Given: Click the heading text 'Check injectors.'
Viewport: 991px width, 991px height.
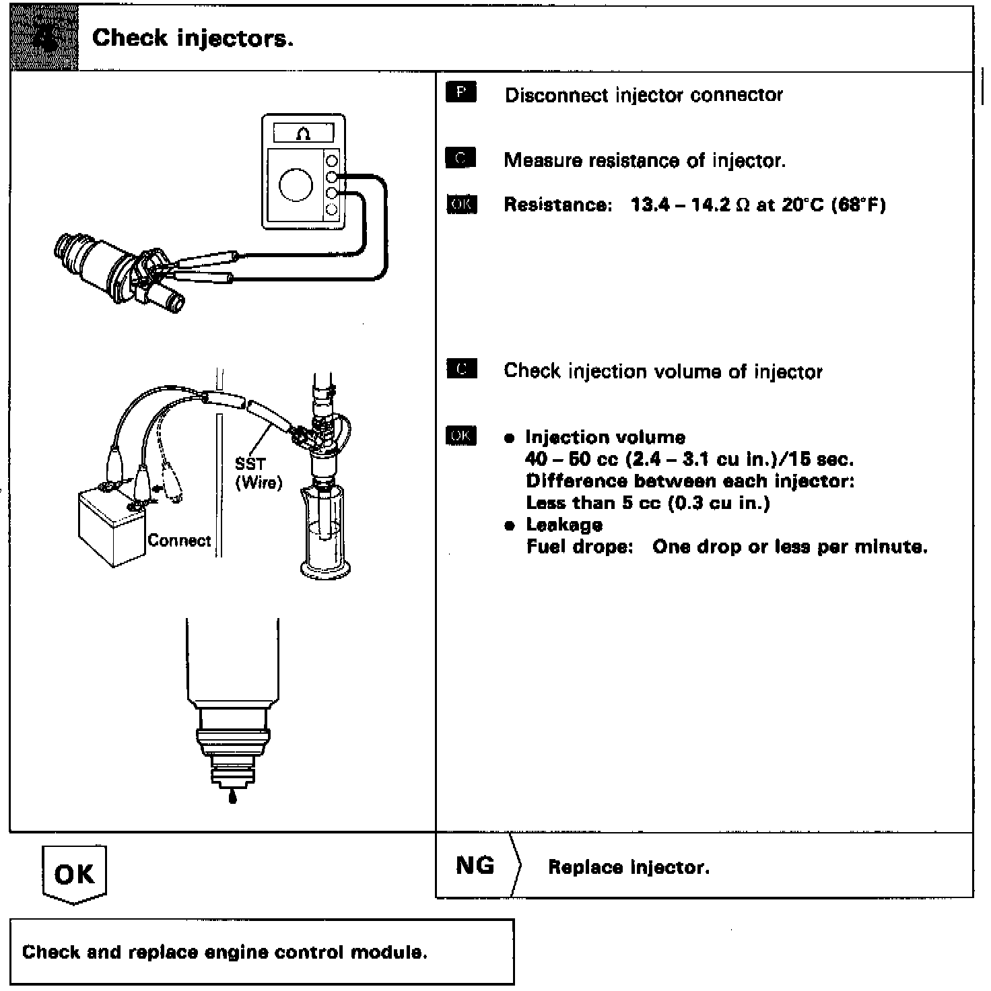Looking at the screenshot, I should (193, 38).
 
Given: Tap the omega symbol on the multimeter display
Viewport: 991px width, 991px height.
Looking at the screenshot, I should (303, 134).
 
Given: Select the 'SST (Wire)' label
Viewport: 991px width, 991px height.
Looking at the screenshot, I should (258, 473).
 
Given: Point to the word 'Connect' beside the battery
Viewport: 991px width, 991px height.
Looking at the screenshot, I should (179, 541).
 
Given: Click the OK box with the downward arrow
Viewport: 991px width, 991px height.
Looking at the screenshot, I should (73, 874).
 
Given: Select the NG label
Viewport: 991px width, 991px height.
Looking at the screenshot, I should (475, 864).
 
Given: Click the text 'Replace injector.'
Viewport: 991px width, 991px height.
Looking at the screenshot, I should (629, 867).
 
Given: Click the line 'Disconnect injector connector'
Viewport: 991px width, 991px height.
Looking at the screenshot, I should (644, 95).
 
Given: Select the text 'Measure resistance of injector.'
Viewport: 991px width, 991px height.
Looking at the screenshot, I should (644, 161).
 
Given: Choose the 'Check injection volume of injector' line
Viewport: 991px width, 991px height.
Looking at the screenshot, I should (662, 372).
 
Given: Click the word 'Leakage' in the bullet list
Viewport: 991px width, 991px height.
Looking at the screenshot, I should (563, 524).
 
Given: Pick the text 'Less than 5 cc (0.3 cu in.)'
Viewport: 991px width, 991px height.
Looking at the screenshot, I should (648, 503).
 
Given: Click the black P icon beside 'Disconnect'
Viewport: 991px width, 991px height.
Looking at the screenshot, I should (461, 92).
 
